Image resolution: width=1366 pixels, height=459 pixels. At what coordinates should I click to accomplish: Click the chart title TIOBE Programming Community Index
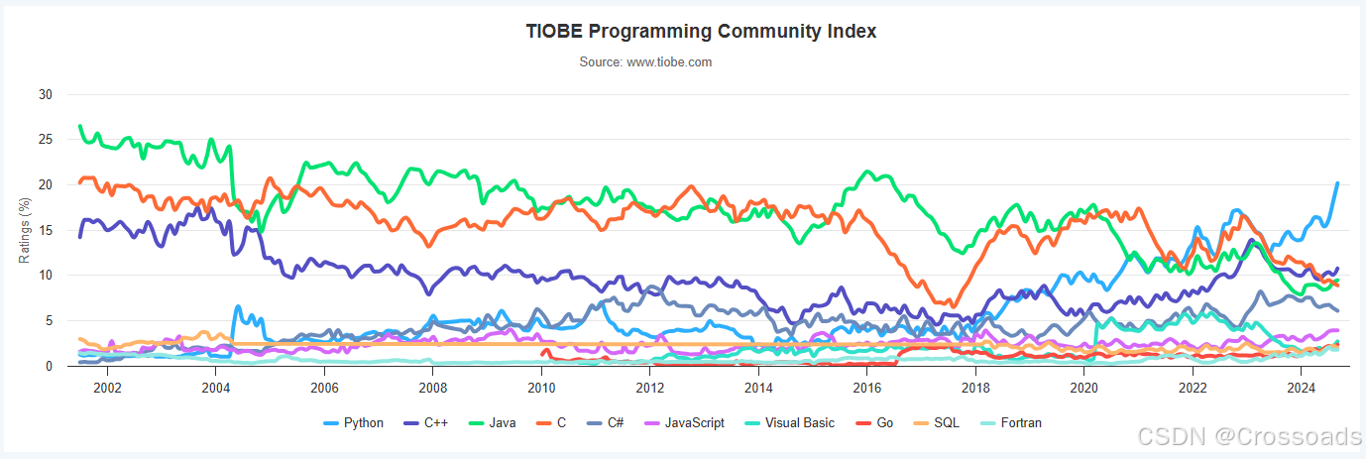tap(701, 31)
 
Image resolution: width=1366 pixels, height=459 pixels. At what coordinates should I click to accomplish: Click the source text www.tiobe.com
tap(645, 61)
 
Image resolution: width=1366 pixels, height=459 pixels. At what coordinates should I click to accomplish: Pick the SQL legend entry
tap(942, 423)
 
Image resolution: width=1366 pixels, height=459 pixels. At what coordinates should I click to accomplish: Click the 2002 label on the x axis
tap(107, 387)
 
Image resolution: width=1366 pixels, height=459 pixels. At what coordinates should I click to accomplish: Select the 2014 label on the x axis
tap(758, 387)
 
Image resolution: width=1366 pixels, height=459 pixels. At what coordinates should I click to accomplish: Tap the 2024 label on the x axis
tap(1301, 387)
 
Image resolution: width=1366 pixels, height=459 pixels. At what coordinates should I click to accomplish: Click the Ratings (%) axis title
tap(25, 230)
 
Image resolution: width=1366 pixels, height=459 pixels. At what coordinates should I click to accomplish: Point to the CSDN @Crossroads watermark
tap(1249, 437)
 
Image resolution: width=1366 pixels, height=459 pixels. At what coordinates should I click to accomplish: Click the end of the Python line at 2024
tap(1337, 183)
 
